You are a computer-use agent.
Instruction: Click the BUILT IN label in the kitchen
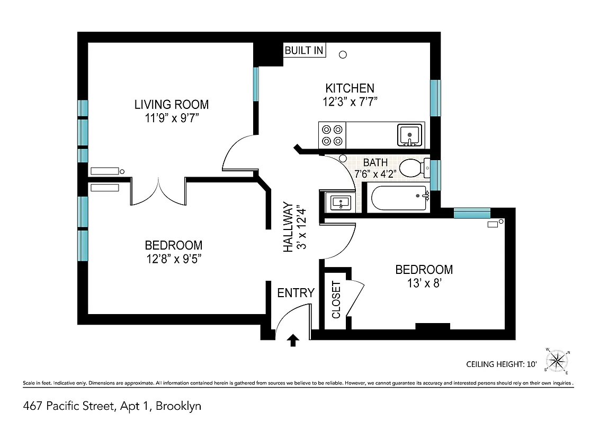304,51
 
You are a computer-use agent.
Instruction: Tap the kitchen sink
409,135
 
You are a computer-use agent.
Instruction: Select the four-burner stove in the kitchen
332,135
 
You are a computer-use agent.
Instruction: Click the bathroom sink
338,202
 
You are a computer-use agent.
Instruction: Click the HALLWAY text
288,227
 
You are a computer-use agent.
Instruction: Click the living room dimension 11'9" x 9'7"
171,117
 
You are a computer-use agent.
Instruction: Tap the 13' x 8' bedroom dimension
424,283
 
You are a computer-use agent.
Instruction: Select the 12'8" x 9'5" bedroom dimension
173,259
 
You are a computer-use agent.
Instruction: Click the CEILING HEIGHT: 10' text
501,364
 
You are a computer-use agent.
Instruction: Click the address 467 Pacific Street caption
112,406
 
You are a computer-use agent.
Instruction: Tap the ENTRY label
296,293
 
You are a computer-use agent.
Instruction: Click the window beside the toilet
435,174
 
